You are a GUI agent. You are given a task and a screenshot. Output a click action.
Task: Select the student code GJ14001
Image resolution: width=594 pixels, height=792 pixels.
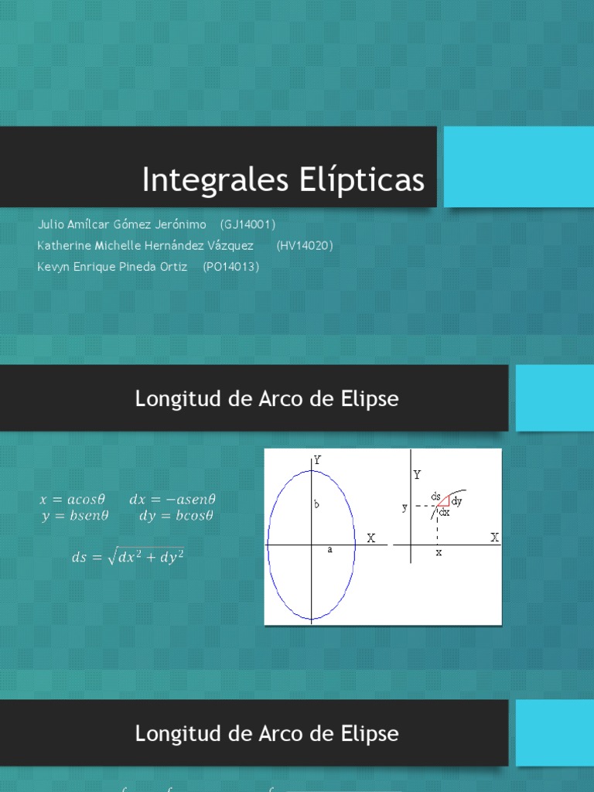pos(247,224)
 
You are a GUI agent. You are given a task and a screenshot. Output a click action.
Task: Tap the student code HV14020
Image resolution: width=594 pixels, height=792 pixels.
pos(304,245)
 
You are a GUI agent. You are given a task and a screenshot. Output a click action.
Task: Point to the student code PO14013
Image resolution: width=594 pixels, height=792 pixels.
pos(230,266)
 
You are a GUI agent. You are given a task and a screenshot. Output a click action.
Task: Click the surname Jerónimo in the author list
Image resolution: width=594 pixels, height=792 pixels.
pos(182,224)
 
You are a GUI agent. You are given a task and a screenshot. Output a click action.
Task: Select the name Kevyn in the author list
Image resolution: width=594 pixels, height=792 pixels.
pos(53,266)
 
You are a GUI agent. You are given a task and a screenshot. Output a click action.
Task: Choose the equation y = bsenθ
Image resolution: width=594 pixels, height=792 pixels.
pos(75,517)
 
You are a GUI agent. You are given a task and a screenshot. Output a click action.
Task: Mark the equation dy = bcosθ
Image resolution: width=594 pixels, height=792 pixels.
pos(176,517)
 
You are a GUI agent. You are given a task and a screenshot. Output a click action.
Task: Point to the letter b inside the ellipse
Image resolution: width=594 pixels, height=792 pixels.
pos(316,504)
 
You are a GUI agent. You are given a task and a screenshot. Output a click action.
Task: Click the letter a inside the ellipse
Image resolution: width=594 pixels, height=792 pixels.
pos(329,549)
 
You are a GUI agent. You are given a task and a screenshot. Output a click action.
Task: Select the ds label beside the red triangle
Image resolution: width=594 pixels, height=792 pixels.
pos(436,494)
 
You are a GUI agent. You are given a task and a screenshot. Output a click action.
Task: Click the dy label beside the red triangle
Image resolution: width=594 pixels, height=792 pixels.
pos(458,502)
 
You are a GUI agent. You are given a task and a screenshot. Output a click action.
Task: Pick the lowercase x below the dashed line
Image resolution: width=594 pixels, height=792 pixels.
pos(438,554)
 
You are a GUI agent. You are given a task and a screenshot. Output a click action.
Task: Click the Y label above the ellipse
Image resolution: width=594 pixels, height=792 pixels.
pos(317,459)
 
